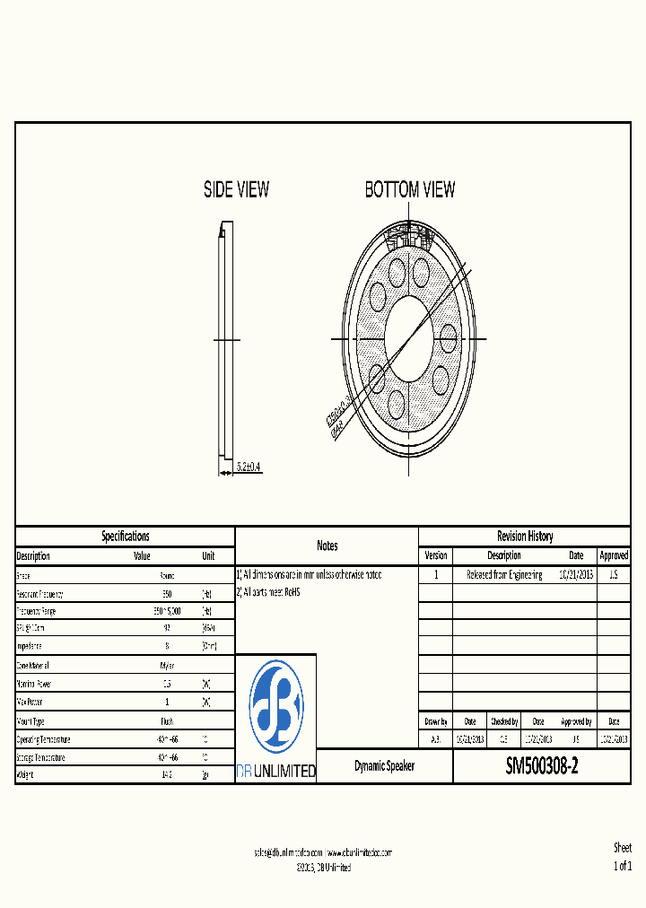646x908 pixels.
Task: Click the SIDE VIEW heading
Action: pyautogui.click(x=236, y=189)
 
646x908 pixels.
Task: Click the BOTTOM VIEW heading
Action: pyautogui.click(x=409, y=189)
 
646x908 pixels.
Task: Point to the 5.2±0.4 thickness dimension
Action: pyautogui.click(x=249, y=467)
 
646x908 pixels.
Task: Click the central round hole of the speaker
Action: pyautogui.click(x=408, y=338)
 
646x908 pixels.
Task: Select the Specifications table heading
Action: pyautogui.click(x=125, y=536)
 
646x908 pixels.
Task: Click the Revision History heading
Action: pyautogui.click(x=525, y=536)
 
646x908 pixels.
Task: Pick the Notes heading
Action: pyautogui.click(x=327, y=546)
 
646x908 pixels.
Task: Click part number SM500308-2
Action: pyautogui.click(x=541, y=766)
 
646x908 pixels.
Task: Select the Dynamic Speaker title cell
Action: pyautogui.click(x=384, y=766)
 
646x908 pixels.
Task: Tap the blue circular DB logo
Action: pyautogui.click(x=275, y=706)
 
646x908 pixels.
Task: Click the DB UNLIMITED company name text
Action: pyautogui.click(x=275, y=771)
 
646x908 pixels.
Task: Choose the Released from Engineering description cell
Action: pyautogui.click(x=503, y=574)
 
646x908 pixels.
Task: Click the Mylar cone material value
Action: pyautogui.click(x=167, y=666)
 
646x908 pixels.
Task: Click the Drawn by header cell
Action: pyautogui.click(x=435, y=721)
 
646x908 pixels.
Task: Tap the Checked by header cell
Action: pyautogui.click(x=503, y=721)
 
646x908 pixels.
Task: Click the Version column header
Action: pyautogui.click(x=435, y=555)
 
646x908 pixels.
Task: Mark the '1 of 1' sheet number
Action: pyautogui.click(x=622, y=866)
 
